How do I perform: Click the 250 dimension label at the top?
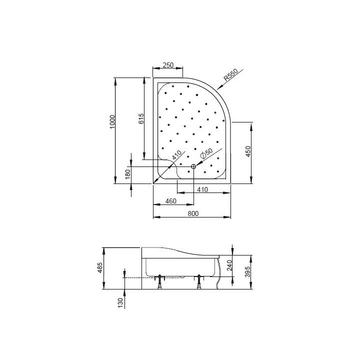pyautogui.click(x=167, y=65)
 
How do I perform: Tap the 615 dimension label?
pyautogui.click(x=141, y=118)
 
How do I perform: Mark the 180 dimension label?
pyautogui.click(x=127, y=174)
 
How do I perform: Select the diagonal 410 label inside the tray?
pyautogui.click(x=175, y=155)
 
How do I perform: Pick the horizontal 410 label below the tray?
pyautogui.click(x=202, y=189)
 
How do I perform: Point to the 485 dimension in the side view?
pyautogui.click(x=100, y=268)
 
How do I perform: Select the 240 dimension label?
pyautogui.click(x=229, y=265)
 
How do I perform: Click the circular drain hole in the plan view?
pyautogui.click(x=193, y=166)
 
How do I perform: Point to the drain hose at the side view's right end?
pyautogui.click(x=218, y=280)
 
